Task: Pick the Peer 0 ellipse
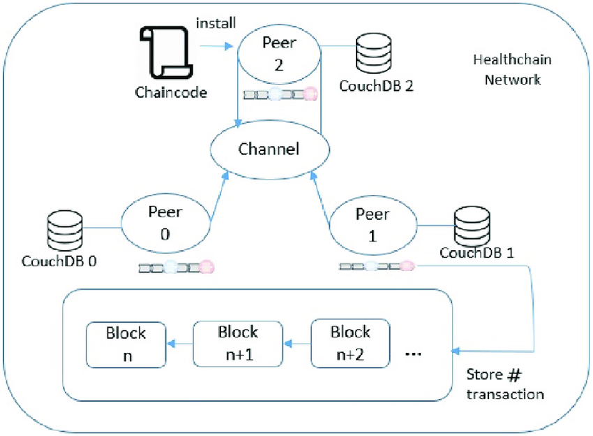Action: click(165, 223)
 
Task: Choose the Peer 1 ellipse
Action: click(373, 223)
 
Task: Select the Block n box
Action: click(126, 344)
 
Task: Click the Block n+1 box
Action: click(238, 343)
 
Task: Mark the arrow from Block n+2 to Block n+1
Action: click(296, 343)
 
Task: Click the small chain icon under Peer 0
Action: click(175, 267)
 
